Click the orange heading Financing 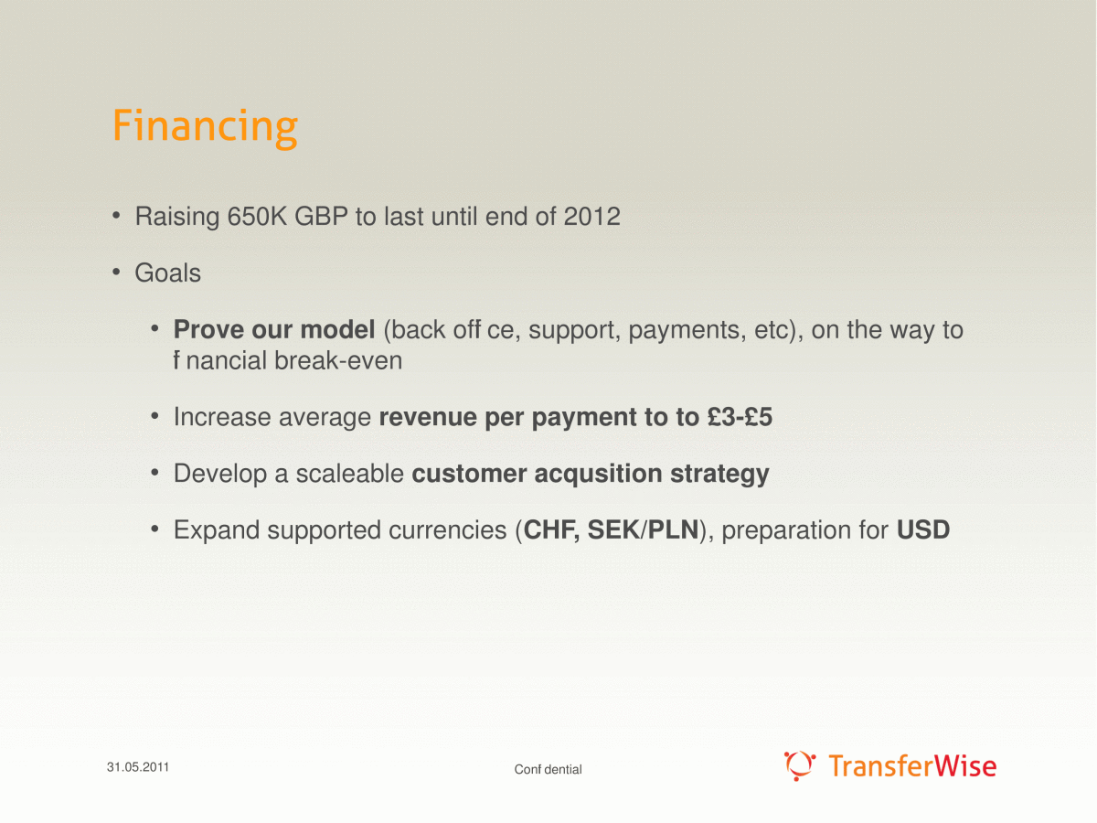(x=206, y=127)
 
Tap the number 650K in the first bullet (x=257, y=217)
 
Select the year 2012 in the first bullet (x=591, y=217)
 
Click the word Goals (x=168, y=273)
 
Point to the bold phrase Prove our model (x=274, y=330)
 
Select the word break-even (x=338, y=361)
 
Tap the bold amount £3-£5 (x=740, y=417)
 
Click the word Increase (x=222, y=417)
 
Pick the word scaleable (x=350, y=473)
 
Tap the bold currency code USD (x=923, y=529)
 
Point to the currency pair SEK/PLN (x=644, y=529)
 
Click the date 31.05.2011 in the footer (x=138, y=767)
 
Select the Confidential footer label (x=548, y=770)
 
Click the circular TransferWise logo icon (x=800, y=765)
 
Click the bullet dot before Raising (x=116, y=216)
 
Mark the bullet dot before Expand (x=154, y=529)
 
